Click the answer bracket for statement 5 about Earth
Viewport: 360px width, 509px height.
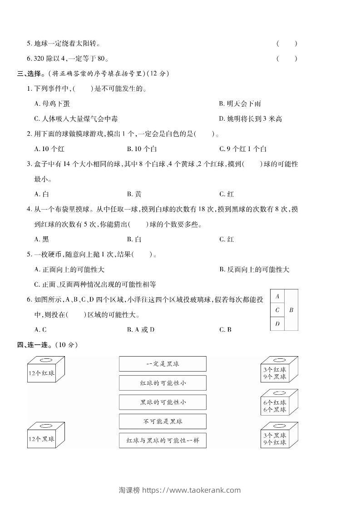286,44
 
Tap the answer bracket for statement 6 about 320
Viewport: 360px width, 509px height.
286,58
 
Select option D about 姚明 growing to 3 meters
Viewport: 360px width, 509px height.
251,118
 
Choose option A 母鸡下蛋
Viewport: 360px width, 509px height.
52,103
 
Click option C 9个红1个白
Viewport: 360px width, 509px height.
243,148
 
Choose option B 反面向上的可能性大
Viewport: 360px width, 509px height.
254,269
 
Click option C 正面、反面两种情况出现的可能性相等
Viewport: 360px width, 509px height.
95,284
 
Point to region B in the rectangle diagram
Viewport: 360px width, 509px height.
291,310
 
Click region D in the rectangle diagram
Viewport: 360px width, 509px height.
277,323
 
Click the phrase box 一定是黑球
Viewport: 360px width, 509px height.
163,364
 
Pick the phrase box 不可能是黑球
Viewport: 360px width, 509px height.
163,421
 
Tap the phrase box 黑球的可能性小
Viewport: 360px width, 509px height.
163,402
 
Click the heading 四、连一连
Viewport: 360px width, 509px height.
47,345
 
